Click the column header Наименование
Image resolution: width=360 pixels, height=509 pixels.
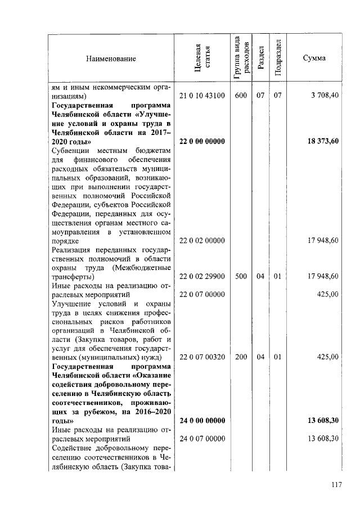point(111,58)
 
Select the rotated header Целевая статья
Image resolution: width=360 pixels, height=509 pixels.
point(202,58)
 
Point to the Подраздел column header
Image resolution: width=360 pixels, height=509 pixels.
point(277,58)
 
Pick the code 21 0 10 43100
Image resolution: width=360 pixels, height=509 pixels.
point(202,96)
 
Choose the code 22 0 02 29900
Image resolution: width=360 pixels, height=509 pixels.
point(202,276)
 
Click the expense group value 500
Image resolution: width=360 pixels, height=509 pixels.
point(241,276)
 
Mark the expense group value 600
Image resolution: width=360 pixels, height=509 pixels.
point(241,96)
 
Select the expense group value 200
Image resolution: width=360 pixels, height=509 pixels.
point(241,357)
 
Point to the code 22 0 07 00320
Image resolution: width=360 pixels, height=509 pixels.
point(202,357)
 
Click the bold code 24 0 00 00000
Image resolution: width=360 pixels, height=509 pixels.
point(202,420)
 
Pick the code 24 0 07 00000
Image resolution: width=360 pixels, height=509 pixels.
point(202,438)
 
